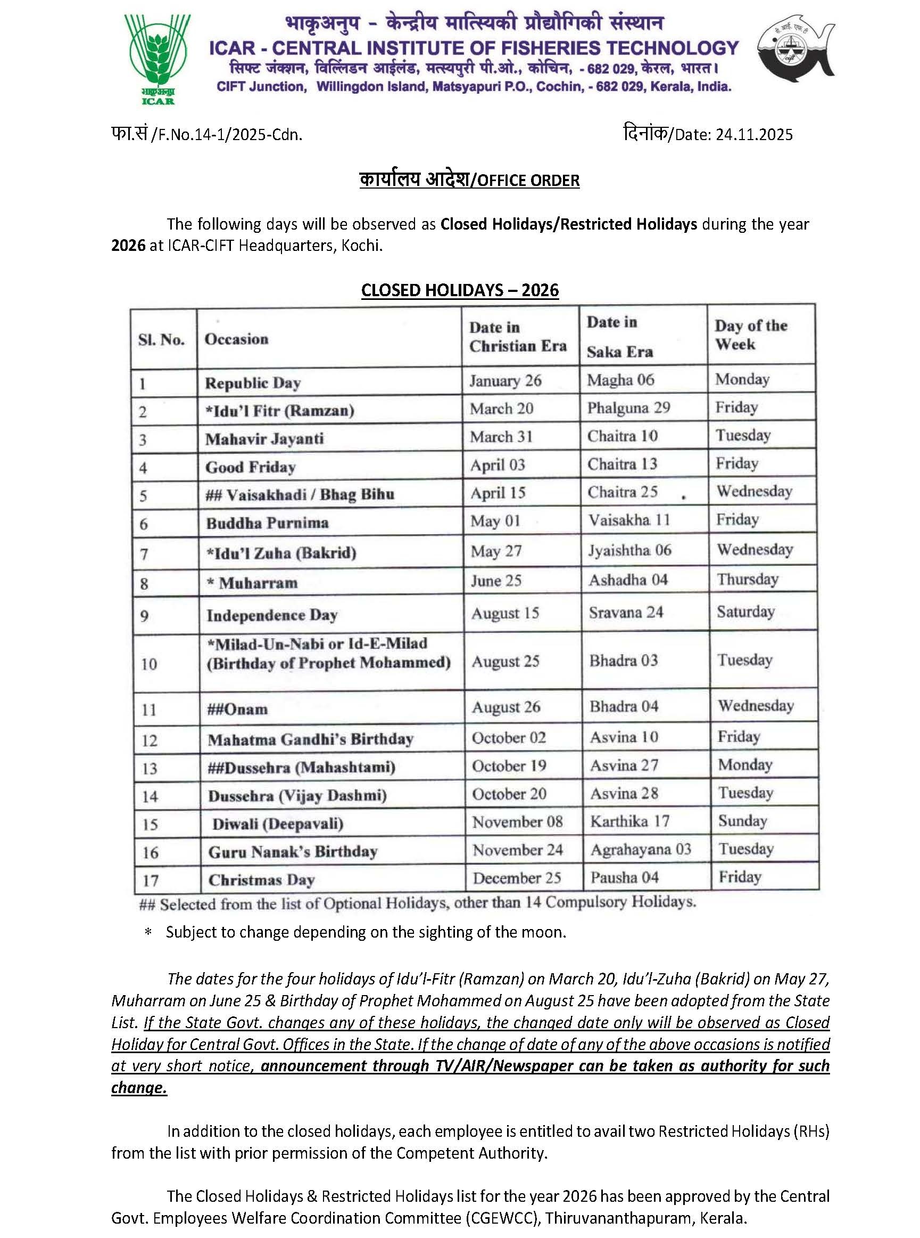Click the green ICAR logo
coord(157,59)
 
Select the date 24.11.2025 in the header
coord(754,135)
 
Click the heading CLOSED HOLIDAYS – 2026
coord(460,290)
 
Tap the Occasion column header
coord(236,339)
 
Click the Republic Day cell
coord(253,383)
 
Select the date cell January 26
coord(505,381)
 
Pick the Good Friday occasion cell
coord(250,467)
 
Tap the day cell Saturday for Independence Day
coord(745,612)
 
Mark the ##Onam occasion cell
coord(237,709)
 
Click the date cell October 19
coord(509,766)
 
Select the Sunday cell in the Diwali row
coord(742,821)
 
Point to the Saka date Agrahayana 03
coord(641,850)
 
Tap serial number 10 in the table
coord(148,664)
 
